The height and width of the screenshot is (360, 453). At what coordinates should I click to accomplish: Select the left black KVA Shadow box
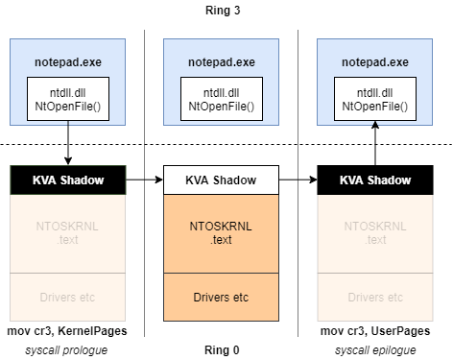[67, 179]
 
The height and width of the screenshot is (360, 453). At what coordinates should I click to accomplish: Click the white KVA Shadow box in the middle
[221, 179]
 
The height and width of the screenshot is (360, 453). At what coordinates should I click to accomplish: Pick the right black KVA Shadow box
[374, 179]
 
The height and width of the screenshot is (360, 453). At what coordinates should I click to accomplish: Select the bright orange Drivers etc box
[221, 298]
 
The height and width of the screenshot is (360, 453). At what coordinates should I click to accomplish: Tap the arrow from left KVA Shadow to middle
[144, 179]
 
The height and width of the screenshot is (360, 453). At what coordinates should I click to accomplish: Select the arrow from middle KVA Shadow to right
[298, 179]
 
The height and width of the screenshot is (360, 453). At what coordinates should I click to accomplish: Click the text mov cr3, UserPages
[374, 331]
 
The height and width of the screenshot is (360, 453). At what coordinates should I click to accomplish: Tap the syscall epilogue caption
[374, 348]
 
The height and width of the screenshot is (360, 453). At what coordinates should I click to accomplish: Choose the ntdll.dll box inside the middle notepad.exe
[221, 99]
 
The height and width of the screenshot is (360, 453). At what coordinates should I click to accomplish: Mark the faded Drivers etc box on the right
[374, 298]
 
